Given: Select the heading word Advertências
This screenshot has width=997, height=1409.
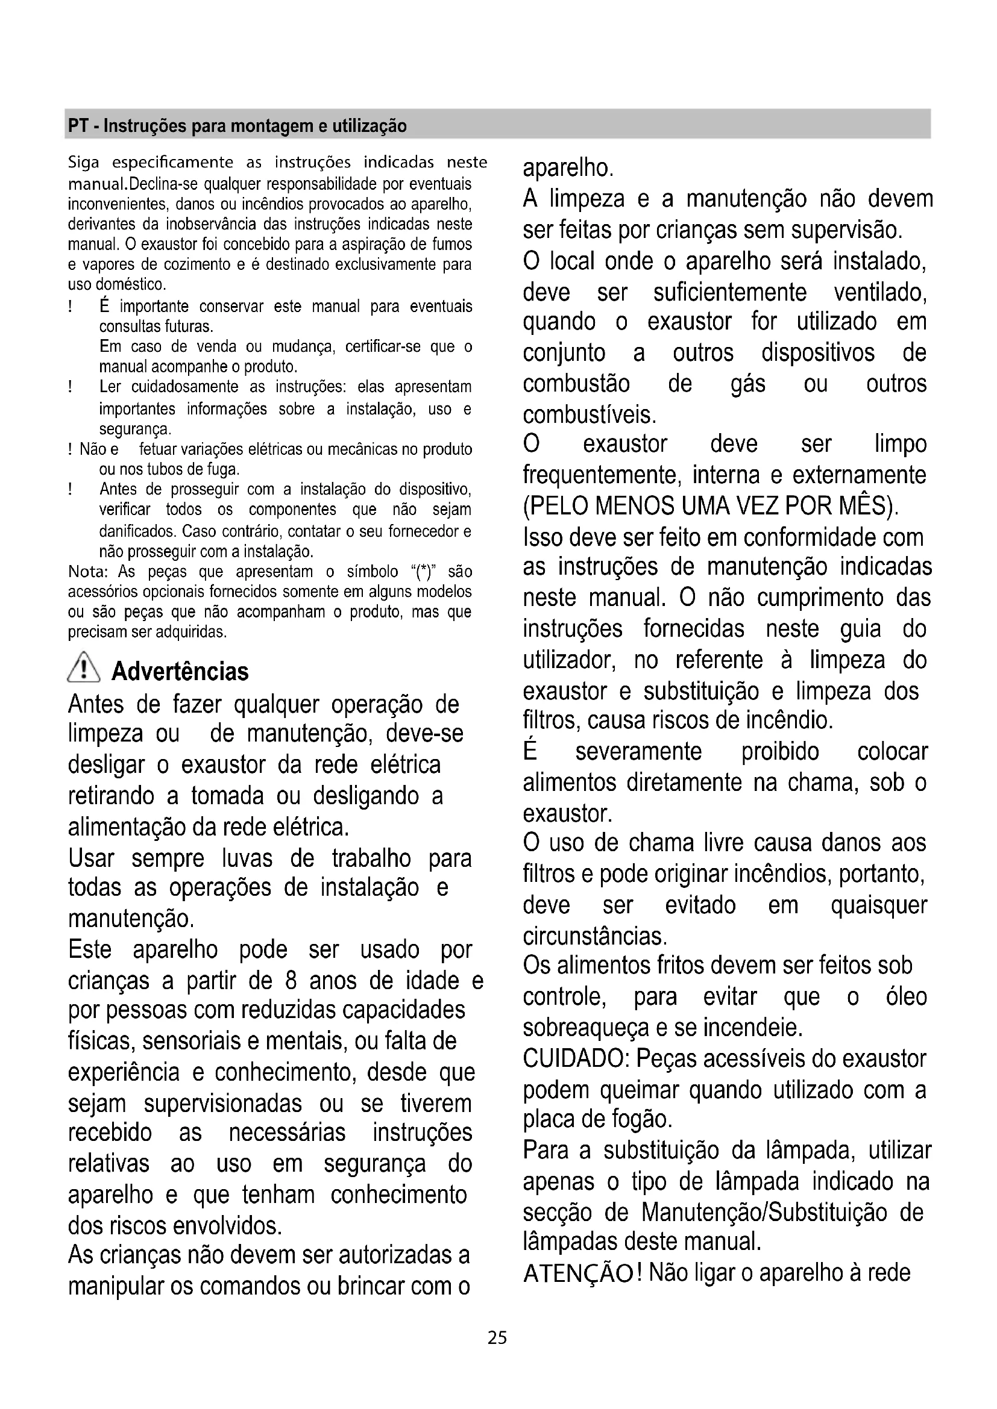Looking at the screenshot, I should pos(180,672).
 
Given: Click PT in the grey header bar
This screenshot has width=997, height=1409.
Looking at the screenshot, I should pos(77,127).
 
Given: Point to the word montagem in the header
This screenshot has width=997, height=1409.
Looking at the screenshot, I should pos(262,127).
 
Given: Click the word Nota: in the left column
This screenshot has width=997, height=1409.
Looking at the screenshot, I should pos(88,572).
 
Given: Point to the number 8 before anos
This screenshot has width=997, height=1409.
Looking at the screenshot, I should pos(291,980).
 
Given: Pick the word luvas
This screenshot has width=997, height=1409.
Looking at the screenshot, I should pos(247,857).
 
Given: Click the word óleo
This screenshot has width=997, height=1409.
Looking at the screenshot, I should pos(906,996).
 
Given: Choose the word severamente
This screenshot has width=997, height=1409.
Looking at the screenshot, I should pos(638,751).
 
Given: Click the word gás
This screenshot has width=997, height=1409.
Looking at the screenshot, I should pos(747,384).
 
